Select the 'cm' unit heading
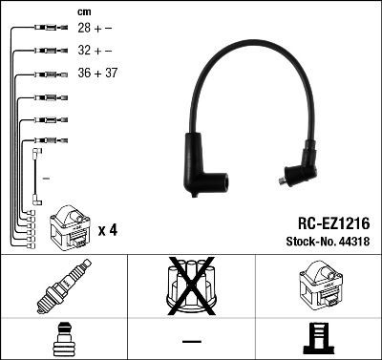pyautogui.click(x=84, y=11)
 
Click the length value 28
pyautogui.click(x=84, y=29)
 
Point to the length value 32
pyautogui.click(x=84, y=51)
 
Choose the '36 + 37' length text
pyautogui.click(x=97, y=73)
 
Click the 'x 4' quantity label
pyautogui.click(x=107, y=230)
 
